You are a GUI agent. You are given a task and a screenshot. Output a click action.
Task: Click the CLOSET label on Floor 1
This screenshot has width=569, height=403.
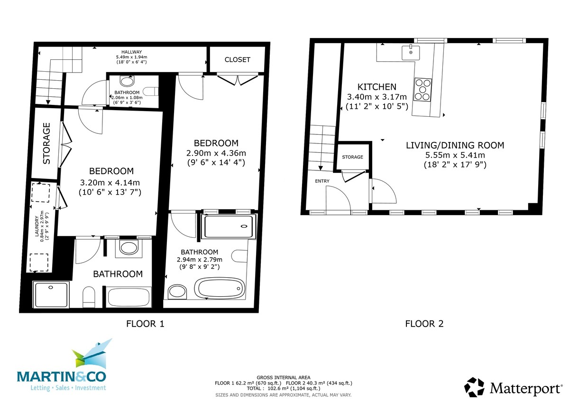click(x=237, y=59)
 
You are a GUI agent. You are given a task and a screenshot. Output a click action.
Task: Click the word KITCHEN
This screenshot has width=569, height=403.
click(x=376, y=87)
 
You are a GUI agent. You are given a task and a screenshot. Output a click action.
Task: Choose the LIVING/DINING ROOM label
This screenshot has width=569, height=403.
click(x=455, y=145)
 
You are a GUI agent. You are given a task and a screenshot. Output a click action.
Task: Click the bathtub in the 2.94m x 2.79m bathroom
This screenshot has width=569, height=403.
click(x=221, y=288)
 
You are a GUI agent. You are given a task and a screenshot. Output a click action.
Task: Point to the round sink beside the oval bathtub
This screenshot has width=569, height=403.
click(x=177, y=292)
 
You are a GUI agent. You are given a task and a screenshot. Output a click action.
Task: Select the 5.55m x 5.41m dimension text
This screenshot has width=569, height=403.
click(x=455, y=155)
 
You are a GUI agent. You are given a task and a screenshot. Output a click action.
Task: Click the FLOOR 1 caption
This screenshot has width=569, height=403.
click(x=145, y=324)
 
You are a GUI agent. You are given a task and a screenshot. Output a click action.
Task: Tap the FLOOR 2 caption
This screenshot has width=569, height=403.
click(x=424, y=324)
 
